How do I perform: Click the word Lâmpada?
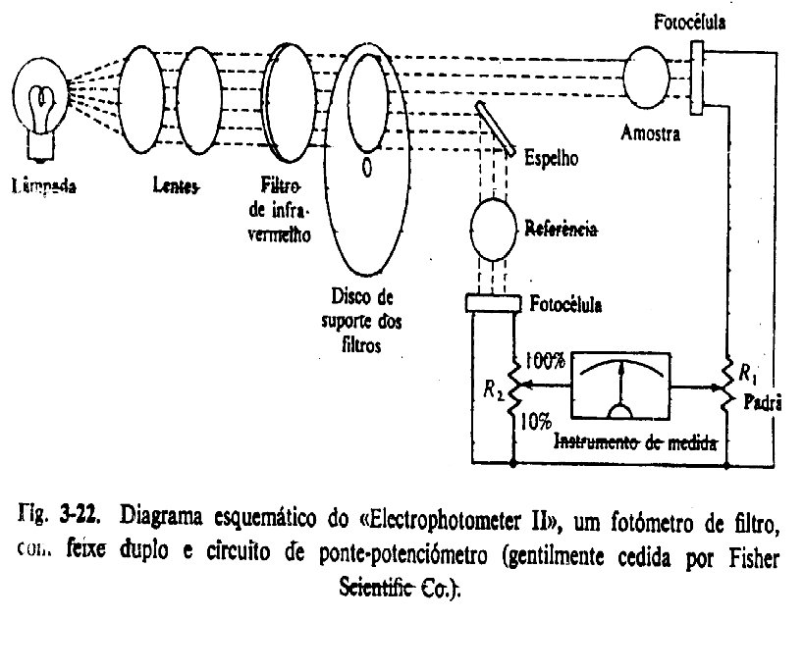[x=42, y=184]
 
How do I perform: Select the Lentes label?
[x=176, y=184]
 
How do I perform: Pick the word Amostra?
[x=651, y=134]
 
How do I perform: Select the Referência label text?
[x=563, y=230]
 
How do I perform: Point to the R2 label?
[x=493, y=393]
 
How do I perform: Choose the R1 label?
[x=749, y=373]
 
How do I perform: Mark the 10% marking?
[x=536, y=421]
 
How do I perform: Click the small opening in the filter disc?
[x=366, y=168]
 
